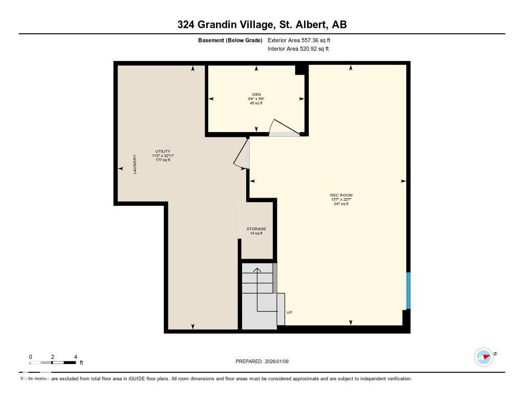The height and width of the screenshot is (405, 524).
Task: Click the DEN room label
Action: coord(256,94)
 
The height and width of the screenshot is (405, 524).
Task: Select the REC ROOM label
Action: coord(341,195)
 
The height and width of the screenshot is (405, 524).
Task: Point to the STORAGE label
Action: coord(256,229)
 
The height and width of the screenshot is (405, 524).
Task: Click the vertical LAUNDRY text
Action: coord(135,164)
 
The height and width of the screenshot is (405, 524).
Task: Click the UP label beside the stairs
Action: coord(289,312)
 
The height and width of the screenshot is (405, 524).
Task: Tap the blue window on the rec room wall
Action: coord(408,291)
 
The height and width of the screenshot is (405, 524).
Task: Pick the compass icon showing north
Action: coord(484,356)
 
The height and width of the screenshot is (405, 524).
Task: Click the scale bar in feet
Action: coord(53,363)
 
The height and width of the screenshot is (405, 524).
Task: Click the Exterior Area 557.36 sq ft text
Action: coord(299,40)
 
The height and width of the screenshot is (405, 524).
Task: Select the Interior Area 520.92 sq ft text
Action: coord(298,49)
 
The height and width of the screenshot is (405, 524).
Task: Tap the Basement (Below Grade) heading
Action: coord(230,40)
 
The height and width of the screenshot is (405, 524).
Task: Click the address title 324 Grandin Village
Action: coord(261,24)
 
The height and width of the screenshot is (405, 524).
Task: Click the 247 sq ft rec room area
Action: coord(341,204)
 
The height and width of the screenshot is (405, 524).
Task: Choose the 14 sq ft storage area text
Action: coord(256,233)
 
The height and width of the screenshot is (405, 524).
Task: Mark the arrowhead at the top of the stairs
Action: coord(257,269)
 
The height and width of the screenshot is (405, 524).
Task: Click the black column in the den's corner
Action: coord(300,70)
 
